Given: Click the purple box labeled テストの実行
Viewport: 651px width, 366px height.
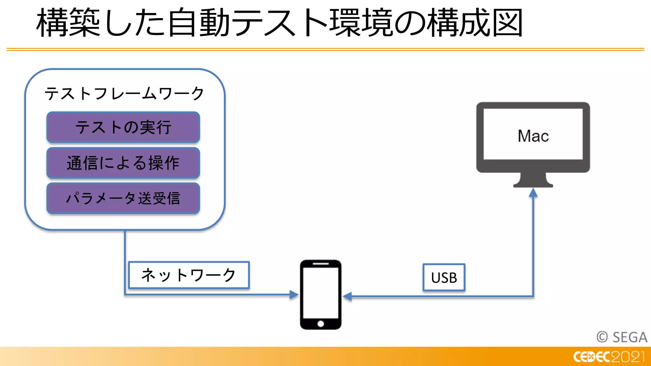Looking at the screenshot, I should pyautogui.click(x=123, y=127).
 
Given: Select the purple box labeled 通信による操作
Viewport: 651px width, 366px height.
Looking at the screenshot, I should pyautogui.click(x=123, y=163).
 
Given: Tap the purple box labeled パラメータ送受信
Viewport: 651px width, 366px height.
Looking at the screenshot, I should pyautogui.click(x=123, y=199).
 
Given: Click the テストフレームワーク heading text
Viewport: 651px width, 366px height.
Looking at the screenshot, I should pyautogui.click(x=124, y=94).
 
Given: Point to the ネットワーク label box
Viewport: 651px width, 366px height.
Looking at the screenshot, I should pyautogui.click(x=189, y=275).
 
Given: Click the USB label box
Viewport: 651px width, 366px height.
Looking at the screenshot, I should pyautogui.click(x=444, y=278).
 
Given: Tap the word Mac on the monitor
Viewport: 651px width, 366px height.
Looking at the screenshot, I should pyautogui.click(x=533, y=136).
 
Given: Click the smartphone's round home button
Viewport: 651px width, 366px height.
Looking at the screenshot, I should pyautogui.click(x=320, y=324).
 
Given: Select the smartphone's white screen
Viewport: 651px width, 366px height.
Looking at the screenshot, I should pyautogui.click(x=320, y=292).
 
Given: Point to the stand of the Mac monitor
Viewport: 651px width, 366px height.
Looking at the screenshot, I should pyautogui.click(x=533, y=180).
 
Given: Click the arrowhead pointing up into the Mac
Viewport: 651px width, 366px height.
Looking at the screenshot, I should pyautogui.click(x=533, y=193).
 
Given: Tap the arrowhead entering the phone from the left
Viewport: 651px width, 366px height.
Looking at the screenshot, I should pyautogui.click(x=294, y=295).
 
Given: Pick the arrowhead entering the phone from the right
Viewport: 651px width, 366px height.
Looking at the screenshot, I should pyautogui.click(x=347, y=296).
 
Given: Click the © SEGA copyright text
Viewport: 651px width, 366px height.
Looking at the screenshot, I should pyautogui.click(x=622, y=337).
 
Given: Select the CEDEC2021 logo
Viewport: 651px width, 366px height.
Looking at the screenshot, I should pyautogui.click(x=609, y=357).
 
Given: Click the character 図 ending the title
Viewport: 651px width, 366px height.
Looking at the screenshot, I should pyautogui.click(x=507, y=23).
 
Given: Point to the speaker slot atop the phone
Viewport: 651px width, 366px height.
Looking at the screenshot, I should pyautogui.click(x=320, y=264).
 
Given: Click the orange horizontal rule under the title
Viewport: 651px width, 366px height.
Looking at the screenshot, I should pyautogui.click(x=325, y=50).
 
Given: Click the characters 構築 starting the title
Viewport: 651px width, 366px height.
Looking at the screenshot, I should pyautogui.click(x=68, y=23).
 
